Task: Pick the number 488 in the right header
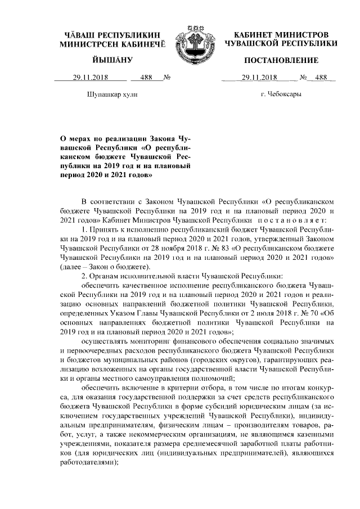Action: [x=322, y=79]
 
